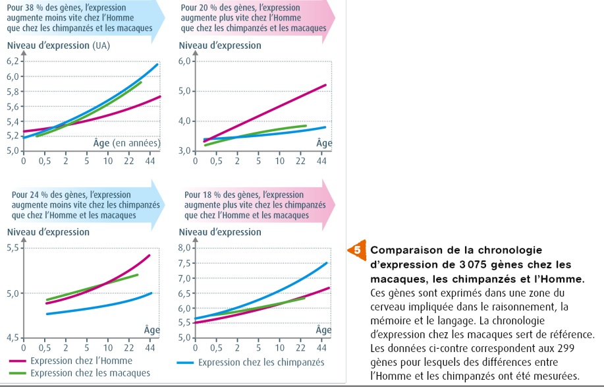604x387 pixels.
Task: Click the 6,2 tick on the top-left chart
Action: coord(13,61)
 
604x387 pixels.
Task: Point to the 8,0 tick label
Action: coord(187,247)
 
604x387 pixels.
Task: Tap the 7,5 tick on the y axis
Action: coord(187,262)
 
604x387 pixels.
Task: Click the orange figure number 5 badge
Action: coord(356,251)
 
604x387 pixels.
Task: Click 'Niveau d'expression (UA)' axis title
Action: coord(58,45)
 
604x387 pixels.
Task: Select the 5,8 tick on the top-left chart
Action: coord(13,92)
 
